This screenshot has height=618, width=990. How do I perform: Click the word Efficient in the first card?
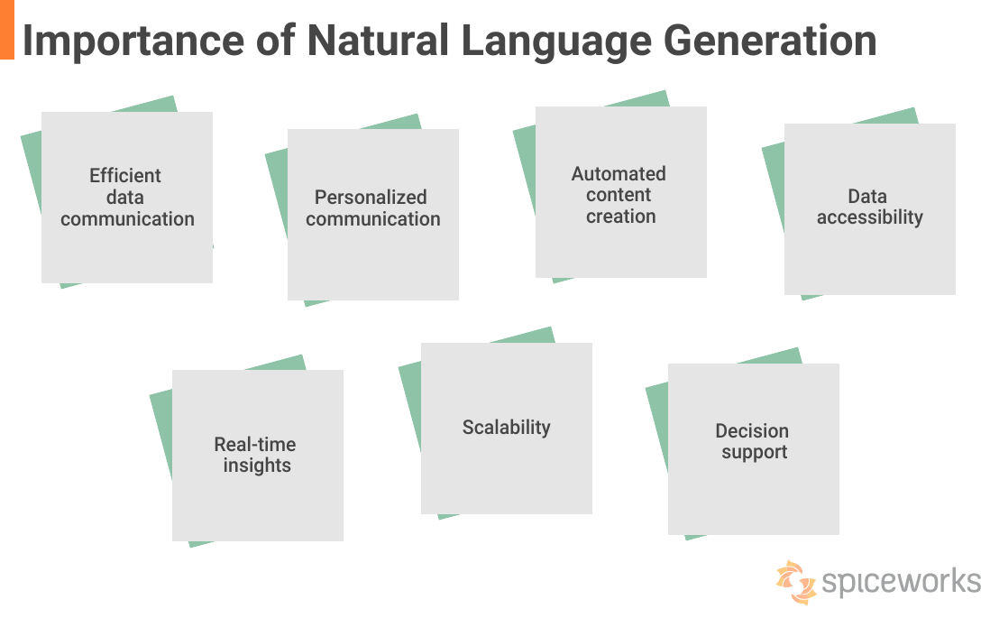click(x=125, y=176)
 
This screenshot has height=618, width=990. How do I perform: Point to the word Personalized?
click(x=371, y=198)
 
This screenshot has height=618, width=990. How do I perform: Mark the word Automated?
click(x=619, y=174)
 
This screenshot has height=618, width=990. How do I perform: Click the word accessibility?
click(x=870, y=217)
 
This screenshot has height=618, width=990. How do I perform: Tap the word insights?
click(x=257, y=466)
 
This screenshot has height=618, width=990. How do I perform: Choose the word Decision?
click(x=752, y=431)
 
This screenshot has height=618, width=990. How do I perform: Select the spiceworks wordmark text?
click(x=901, y=581)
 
